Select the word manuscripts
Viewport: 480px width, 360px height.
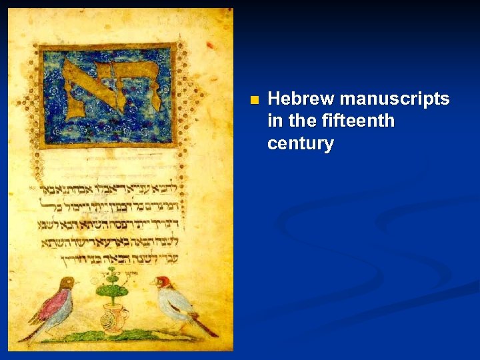pyautogui.click(x=395, y=99)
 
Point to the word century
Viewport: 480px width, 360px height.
pyautogui.click(x=300, y=143)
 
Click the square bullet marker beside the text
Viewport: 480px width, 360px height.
pyautogui.click(x=253, y=101)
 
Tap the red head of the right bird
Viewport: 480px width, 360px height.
pyautogui.click(x=163, y=282)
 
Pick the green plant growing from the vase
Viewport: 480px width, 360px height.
pyautogui.click(x=111, y=285)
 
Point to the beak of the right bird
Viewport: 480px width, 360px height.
pyautogui.click(x=153, y=283)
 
